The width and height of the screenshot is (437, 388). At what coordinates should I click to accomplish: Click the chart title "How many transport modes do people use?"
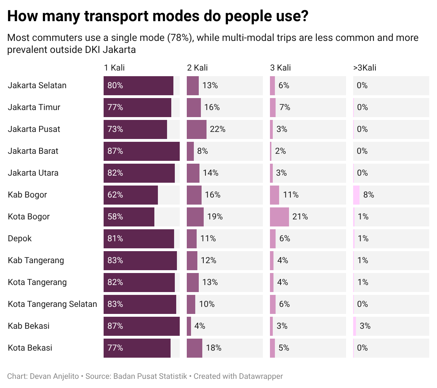coord(158,16)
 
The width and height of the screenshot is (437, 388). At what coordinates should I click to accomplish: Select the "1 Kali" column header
coord(114,68)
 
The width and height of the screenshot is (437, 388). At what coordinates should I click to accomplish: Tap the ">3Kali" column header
coord(365,68)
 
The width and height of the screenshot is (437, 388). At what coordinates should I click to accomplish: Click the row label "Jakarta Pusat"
coord(34,129)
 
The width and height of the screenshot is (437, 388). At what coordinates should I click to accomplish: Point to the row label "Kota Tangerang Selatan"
coord(52,304)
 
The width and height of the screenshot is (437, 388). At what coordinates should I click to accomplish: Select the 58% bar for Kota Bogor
coord(129,217)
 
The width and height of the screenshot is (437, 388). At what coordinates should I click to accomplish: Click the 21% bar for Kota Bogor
coord(279,217)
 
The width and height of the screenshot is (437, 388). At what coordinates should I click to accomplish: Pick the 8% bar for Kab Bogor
coord(356,195)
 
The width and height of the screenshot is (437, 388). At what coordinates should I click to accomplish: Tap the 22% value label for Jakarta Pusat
coord(217,129)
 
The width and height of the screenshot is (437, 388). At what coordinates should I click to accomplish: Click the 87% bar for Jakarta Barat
coord(141,151)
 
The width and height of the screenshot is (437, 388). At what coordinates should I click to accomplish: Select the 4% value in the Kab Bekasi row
coord(199,326)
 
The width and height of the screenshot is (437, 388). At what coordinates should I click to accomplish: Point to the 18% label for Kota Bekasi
coord(214,348)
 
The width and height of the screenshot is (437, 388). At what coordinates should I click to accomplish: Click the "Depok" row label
coord(20,238)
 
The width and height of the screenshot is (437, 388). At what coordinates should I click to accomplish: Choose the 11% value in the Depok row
coord(208,238)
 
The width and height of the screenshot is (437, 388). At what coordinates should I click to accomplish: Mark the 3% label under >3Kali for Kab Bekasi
coord(365,326)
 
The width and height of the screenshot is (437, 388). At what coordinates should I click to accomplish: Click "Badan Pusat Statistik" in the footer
coord(150,376)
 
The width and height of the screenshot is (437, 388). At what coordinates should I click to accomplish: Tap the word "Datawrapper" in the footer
coord(261,376)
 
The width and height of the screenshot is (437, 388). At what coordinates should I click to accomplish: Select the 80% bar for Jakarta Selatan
coord(138,85)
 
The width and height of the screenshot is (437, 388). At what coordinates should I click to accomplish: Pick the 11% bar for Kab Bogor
coord(275,195)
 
